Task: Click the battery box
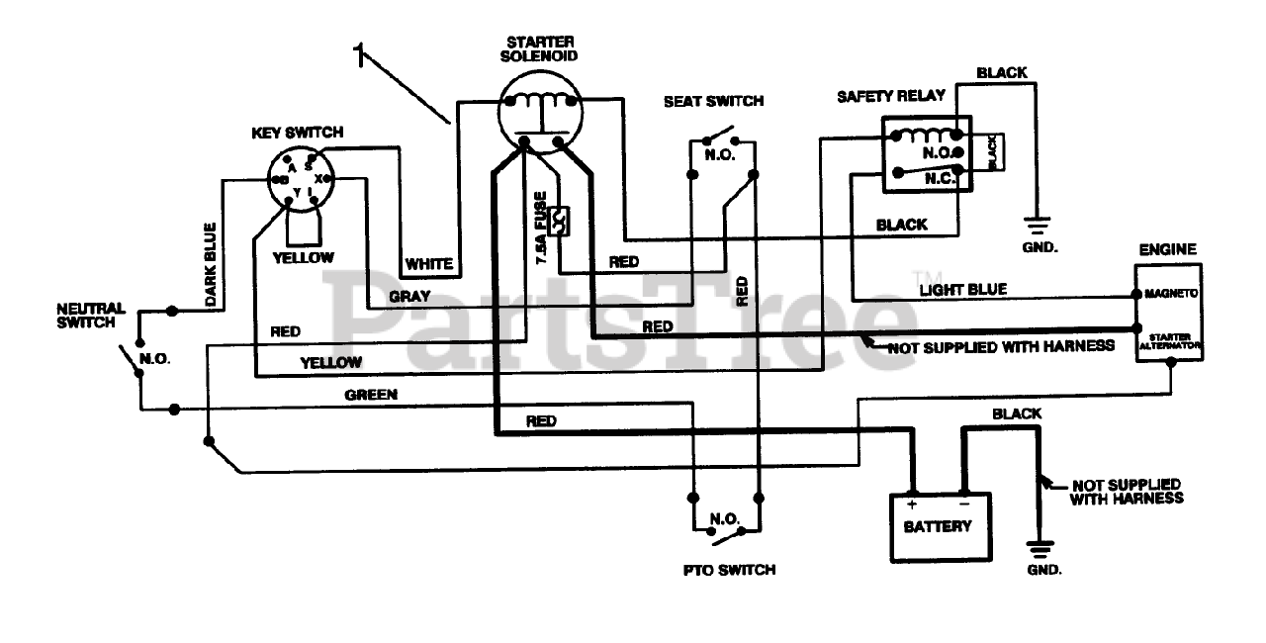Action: tap(937, 525)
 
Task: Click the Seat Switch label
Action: tap(713, 101)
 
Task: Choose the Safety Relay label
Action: tap(890, 96)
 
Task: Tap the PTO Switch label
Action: tap(729, 570)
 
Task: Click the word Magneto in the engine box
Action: tap(1171, 294)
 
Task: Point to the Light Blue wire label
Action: tap(962, 289)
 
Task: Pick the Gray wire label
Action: tap(407, 296)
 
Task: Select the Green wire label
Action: tap(371, 395)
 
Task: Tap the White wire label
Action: tap(428, 264)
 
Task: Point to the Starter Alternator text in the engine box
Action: tap(1170, 341)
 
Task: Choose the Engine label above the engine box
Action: tap(1167, 249)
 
